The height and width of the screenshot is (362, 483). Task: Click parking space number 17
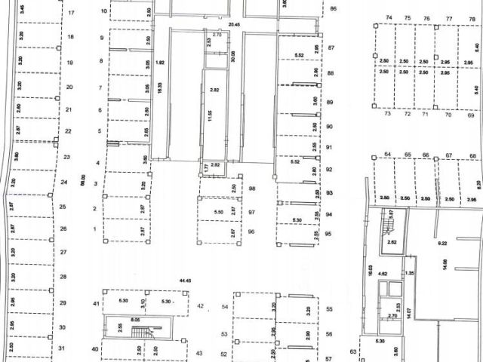point(71,14)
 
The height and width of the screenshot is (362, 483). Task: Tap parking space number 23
point(66,157)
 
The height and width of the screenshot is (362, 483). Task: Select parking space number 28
point(63,277)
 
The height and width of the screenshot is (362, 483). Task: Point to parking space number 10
point(103,12)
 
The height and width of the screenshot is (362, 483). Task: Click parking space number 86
point(333,9)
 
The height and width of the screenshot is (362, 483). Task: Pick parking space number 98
point(252,188)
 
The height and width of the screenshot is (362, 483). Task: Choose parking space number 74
point(389,17)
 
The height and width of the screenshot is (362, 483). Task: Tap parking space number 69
point(471,115)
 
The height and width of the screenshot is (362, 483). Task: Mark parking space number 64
point(388,155)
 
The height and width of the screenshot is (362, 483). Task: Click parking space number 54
point(224,308)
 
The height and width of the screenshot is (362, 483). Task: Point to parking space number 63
point(352,351)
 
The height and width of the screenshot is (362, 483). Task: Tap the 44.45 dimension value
point(184,281)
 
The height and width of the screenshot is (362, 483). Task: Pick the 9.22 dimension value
point(443,244)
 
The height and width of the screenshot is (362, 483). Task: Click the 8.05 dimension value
point(136,320)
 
